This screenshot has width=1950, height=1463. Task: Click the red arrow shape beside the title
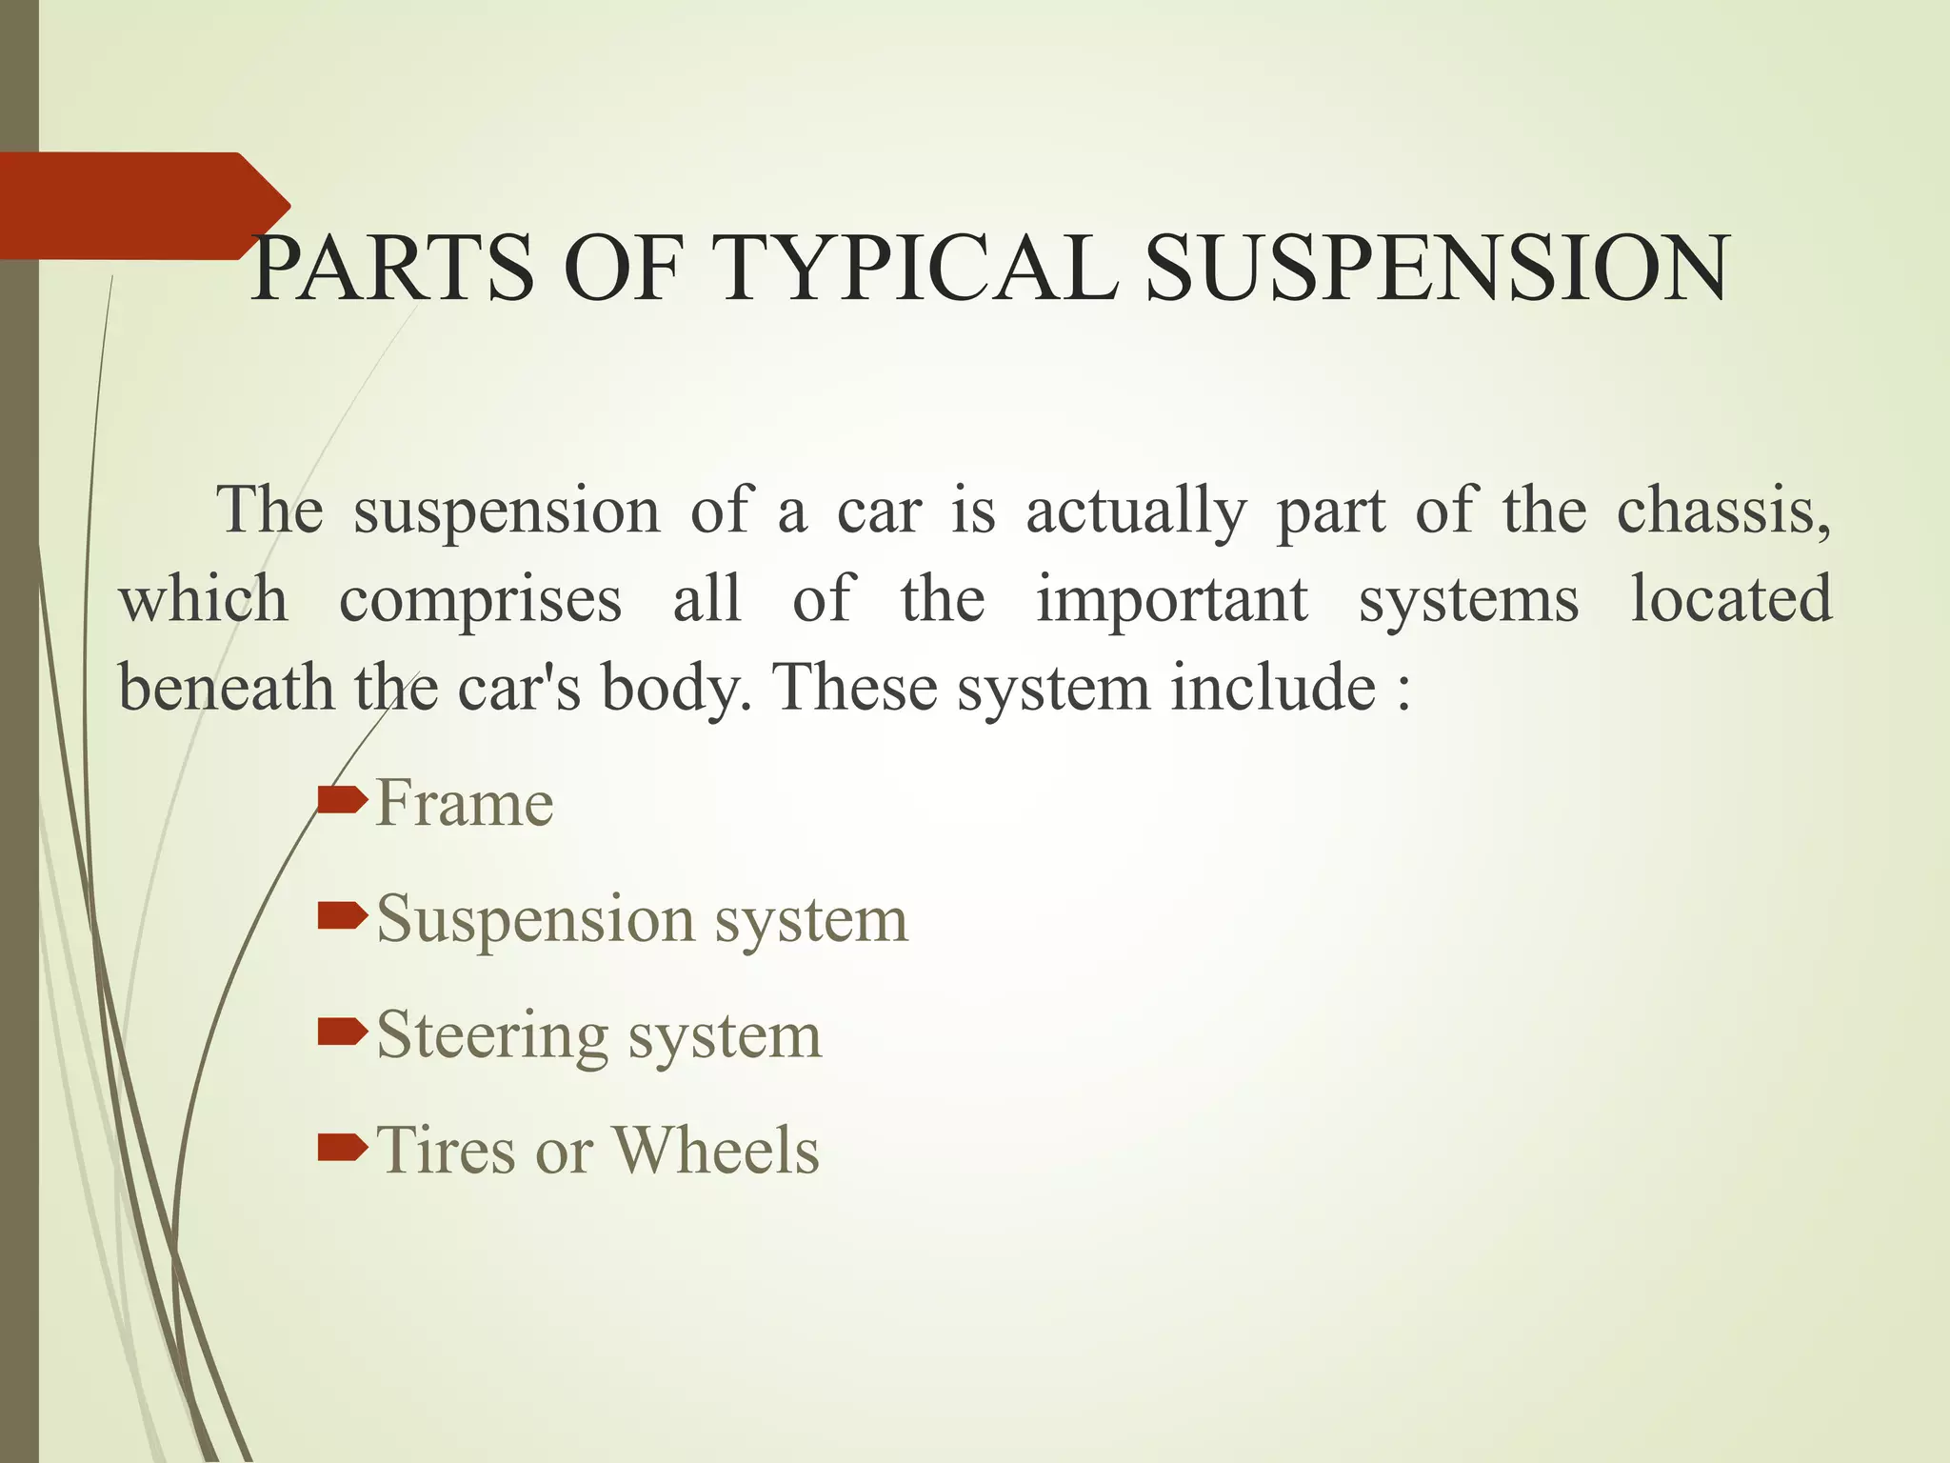pyautogui.click(x=143, y=206)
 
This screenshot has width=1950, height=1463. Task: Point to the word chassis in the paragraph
pyautogui.click(x=1723, y=511)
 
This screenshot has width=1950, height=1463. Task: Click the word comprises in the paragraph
pyautogui.click(x=481, y=600)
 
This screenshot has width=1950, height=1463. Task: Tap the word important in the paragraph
pyautogui.click(x=1172, y=600)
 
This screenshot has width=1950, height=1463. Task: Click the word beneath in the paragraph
pyautogui.click(x=227, y=687)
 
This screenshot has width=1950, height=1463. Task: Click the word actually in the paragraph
pyautogui.click(x=1135, y=512)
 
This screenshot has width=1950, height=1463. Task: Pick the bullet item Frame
pyautogui.click(x=465, y=803)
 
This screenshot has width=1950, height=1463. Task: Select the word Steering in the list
pyautogui.click(x=492, y=1035)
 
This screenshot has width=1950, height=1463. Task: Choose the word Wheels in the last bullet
pyautogui.click(x=715, y=1150)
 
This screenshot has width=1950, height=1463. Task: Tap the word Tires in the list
pyautogui.click(x=446, y=1150)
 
